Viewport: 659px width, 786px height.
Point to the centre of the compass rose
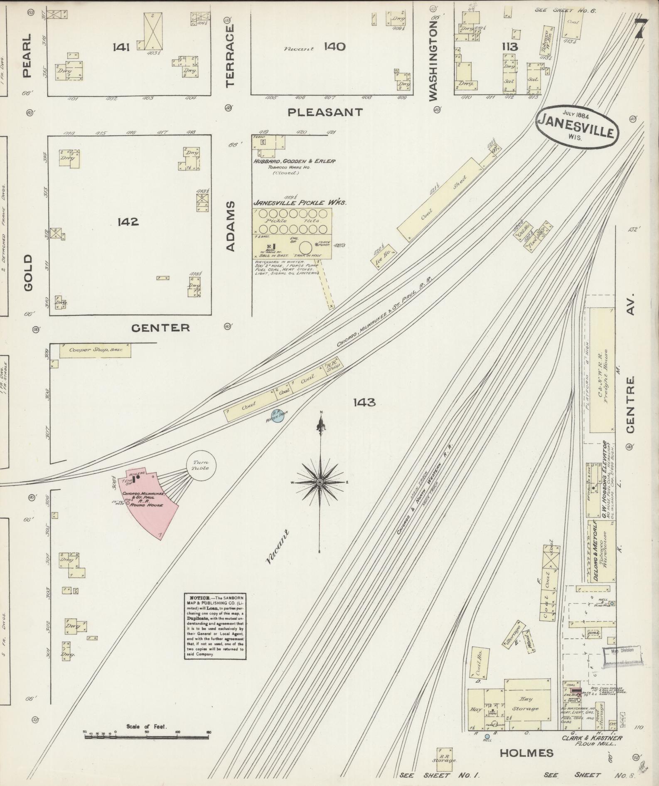(x=320, y=482)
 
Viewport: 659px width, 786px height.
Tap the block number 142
(x=128, y=222)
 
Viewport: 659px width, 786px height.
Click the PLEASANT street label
(x=325, y=112)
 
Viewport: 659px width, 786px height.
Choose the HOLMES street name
(x=526, y=752)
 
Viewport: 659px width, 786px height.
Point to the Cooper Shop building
(x=95, y=350)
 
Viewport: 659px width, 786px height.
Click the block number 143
(x=364, y=402)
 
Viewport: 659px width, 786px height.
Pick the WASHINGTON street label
(x=433, y=62)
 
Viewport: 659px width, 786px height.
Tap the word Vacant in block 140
(x=298, y=49)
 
